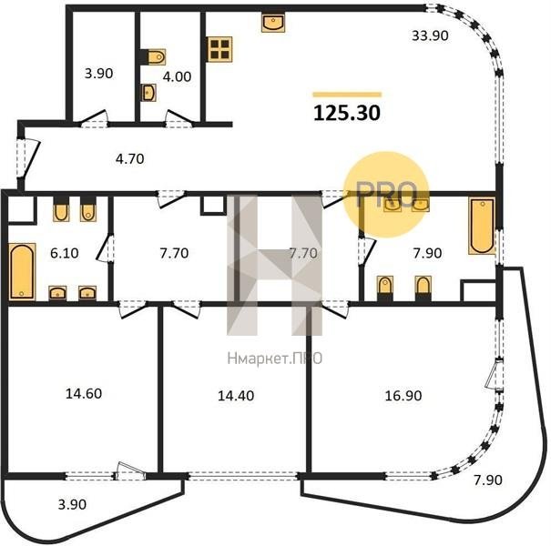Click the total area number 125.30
[347, 113]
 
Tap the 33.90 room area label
[430, 35]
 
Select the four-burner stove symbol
[219, 49]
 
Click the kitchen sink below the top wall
[273, 23]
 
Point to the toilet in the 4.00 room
[156, 56]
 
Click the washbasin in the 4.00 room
[148, 93]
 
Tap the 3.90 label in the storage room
[98, 74]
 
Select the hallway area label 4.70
[129, 159]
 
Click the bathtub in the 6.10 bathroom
[22, 271]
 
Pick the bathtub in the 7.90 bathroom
[482, 226]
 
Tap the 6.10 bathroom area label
[65, 253]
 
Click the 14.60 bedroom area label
[84, 394]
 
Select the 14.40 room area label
[236, 396]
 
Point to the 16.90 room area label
[403, 396]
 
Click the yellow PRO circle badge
[386, 195]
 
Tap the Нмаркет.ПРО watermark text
[275, 359]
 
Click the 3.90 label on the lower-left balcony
[72, 504]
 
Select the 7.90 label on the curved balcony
[488, 480]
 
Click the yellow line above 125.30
[347, 94]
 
